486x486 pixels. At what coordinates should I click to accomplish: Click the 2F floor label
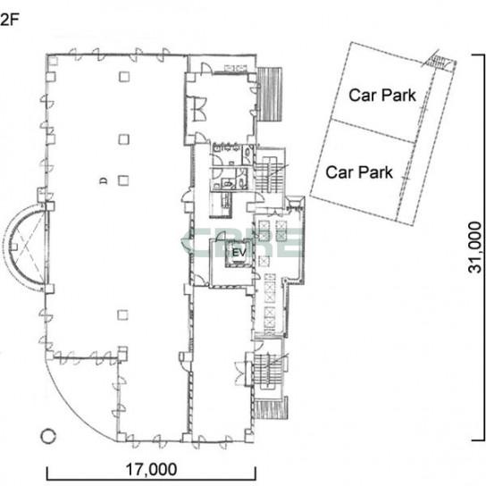pyautogui.click(x=10, y=21)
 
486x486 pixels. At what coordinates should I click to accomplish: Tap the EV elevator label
pyautogui.click(x=239, y=253)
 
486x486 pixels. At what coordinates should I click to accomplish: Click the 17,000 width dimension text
pyautogui.click(x=152, y=470)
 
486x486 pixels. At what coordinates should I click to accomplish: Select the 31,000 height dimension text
pyautogui.click(x=475, y=247)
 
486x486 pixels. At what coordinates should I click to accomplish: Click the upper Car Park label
pyautogui.click(x=382, y=96)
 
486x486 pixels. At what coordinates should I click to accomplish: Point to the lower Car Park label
pyautogui.click(x=359, y=172)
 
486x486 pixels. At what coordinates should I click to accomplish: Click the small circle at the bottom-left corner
pyautogui.click(x=48, y=436)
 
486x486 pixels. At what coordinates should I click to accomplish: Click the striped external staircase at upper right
pyautogui.click(x=270, y=94)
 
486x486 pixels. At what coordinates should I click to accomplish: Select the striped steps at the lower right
pyautogui.click(x=271, y=409)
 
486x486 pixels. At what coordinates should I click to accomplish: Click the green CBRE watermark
pyautogui.click(x=242, y=243)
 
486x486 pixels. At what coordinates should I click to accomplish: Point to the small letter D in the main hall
pyautogui.click(x=104, y=180)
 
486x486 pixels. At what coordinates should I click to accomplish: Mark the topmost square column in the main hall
pyautogui.click(x=124, y=77)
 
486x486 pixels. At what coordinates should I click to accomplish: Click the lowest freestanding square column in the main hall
pyautogui.click(x=123, y=315)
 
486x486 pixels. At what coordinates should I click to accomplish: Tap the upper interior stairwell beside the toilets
pyautogui.click(x=269, y=173)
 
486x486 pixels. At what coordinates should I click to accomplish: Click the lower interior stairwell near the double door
pyautogui.click(x=268, y=371)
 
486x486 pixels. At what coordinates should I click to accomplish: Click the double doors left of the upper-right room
pyautogui.click(x=198, y=109)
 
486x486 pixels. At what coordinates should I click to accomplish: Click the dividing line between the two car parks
pyautogui.click(x=373, y=131)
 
